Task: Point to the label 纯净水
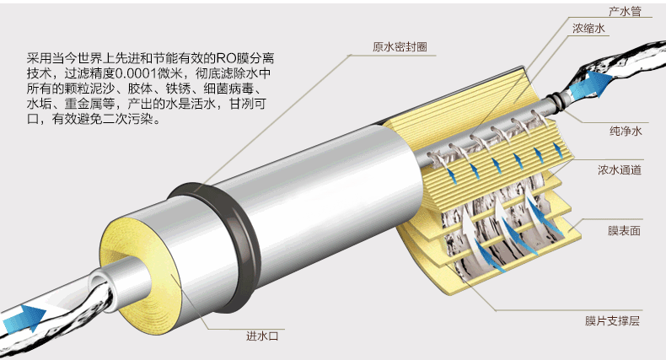pyautogui.click(x=626, y=132)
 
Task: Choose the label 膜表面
pyautogui.click(x=625, y=228)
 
